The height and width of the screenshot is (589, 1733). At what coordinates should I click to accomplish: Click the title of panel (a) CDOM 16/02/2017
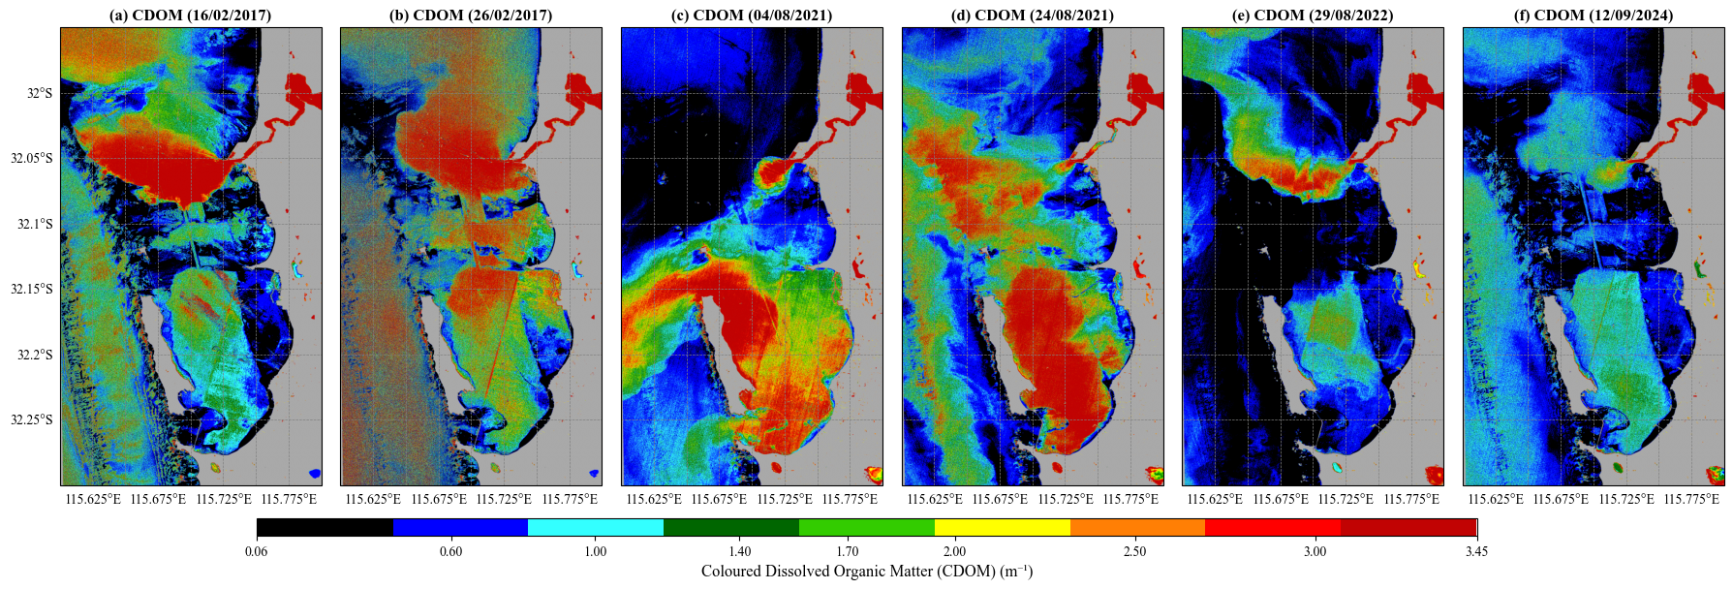(191, 15)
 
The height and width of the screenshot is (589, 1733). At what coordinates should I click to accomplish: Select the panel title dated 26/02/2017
(471, 15)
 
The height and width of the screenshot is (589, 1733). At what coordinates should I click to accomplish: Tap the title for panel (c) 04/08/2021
(752, 15)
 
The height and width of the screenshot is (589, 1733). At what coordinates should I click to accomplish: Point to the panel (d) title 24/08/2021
(1033, 15)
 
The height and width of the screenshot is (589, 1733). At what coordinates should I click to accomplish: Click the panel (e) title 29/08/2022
(1313, 15)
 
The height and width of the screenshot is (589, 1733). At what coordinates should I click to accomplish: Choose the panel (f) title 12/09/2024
(1594, 15)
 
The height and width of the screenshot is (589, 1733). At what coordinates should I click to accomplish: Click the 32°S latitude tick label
(40, 93)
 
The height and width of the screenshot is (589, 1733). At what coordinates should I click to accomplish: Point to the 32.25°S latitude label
(32, 419)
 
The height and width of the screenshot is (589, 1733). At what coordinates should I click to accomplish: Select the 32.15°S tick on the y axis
(32, 289)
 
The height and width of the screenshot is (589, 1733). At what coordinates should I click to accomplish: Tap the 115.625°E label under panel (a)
(93, 499)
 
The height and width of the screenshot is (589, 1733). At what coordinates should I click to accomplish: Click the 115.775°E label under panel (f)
(1691, 499)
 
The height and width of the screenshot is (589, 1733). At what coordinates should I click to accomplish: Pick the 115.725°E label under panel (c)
(785, 499)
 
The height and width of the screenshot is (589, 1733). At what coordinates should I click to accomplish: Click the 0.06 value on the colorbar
(257, 551)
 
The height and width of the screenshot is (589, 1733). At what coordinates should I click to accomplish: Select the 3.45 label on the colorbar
(1476, 551)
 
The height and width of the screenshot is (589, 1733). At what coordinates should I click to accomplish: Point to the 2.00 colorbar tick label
(954, 551)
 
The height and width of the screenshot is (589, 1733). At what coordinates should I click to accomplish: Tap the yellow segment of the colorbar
(1002, 527)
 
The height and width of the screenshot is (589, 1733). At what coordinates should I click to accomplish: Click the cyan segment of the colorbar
(596, 527)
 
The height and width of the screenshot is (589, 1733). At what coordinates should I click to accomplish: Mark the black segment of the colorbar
(325, 527)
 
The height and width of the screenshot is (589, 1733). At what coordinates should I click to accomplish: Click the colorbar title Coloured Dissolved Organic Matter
(867, 571)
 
